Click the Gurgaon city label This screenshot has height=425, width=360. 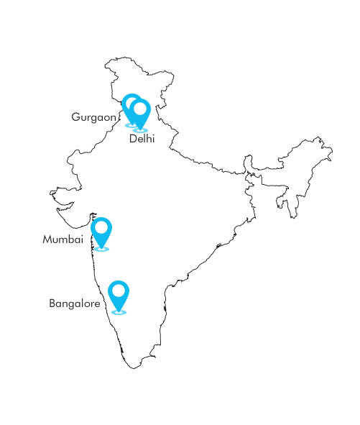[93, 118]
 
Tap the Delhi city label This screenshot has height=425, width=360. [142, 139]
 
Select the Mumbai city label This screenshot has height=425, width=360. [63, 239]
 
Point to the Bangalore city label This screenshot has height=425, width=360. [75, 303]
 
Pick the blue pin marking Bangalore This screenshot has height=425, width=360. [119, 296]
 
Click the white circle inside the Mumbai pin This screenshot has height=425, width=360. [101, 227]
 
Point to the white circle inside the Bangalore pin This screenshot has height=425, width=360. [119, 291]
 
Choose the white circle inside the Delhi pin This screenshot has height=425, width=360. [140, 109]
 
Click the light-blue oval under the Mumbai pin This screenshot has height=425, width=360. [101, 249]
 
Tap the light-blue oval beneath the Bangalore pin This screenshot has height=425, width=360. [119, 313]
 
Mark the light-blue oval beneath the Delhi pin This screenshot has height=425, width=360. [140, 130]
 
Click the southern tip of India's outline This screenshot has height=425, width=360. [134, 368]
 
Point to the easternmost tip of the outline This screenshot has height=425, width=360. [333, 151]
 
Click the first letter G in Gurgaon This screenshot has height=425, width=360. [75, 116]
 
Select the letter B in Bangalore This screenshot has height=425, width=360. [52, 303]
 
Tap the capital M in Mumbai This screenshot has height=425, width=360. [47, 239]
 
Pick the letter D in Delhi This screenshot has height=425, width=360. [133, 139]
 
